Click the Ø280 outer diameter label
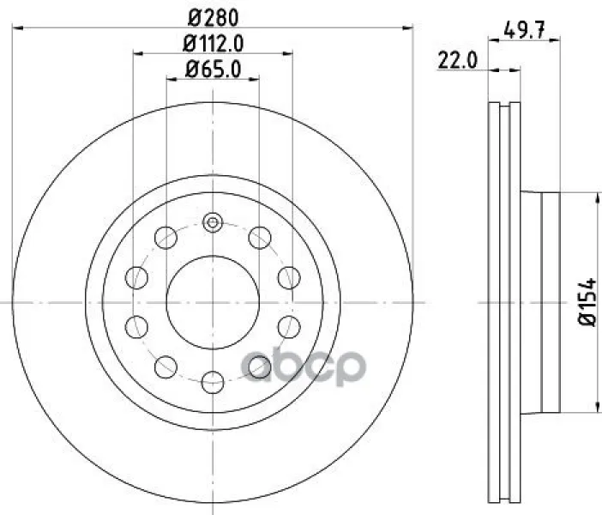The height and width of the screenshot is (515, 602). click(213, 18)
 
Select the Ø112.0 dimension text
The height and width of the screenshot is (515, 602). click(213, 44)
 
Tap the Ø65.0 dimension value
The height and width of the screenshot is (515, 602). click(213, 70)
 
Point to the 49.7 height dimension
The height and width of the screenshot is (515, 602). click(524, 30)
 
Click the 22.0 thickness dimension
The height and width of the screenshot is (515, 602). click(458, 60)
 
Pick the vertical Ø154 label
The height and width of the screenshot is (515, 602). click(587, 302)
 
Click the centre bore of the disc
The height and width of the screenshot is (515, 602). click(213, 302)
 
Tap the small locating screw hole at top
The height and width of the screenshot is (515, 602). click(213, 222)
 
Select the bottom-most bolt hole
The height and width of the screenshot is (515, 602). click(213, 383)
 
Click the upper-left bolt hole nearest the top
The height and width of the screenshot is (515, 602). click(166, 238)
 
